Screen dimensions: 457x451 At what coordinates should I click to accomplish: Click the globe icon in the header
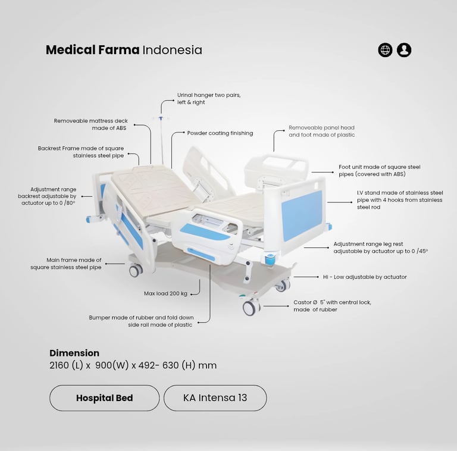pyautogui.click(x=385, y=50)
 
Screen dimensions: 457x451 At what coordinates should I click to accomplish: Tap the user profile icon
pyautogui.click(x=404, y=50)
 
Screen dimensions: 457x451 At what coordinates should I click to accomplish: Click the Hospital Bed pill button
pyautogui.click(x=104, y=398)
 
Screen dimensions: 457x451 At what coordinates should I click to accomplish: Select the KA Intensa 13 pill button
pyautogui.click(x=215, y=398)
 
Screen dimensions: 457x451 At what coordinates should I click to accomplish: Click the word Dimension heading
pyautogui.click(x=74, y=353)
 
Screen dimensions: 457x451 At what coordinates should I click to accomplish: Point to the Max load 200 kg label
pyautogui.click(x=165, y=294)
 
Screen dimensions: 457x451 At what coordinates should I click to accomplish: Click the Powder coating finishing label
pyautogui.click(x=220, y=133)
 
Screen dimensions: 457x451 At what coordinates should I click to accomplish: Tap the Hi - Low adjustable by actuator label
pyautogui.click(x=365, y=277)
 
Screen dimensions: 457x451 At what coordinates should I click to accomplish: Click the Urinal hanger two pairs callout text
pyautogui.click(x=209, y=99)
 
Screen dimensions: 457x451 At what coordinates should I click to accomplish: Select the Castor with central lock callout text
pyautogui.click(x=332, y=306)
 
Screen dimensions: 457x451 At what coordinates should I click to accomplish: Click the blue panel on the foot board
pyautogui.click(x=301, y=215)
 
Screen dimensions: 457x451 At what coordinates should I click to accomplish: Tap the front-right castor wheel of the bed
pyautogui.click(x=251, y=308)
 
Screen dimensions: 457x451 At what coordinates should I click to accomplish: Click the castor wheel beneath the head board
pyautogui.click(x=136, y=270)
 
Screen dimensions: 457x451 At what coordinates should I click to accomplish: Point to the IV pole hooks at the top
pyautogui.click(x=161, y=118)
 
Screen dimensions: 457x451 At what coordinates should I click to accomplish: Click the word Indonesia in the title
pyautogui.click(x=172, y=50)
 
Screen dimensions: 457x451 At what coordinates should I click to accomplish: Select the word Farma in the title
pyautogui.click(x=118, y=50)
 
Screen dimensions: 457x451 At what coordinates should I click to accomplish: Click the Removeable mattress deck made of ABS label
pyautogui.click(x=90, y=124)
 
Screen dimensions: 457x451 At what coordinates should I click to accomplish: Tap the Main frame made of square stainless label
pyautogui.click(x=66, y=264)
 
